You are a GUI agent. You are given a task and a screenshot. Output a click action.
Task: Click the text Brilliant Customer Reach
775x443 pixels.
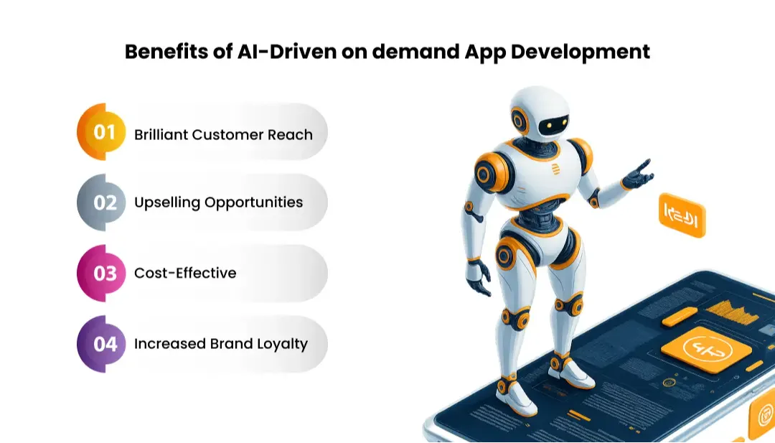[x=223, y=134]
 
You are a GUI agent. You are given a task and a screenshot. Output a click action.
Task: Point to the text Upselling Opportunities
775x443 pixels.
[x=218, y=202]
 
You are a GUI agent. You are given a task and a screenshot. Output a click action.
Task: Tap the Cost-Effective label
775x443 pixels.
[x=185, y=273]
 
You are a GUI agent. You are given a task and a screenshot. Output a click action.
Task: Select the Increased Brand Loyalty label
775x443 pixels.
[x=220, y=344]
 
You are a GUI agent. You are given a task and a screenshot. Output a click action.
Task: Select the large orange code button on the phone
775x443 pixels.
[x=705, y=349]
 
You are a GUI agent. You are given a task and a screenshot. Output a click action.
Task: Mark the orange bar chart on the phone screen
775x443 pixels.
[x=731, y=311]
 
